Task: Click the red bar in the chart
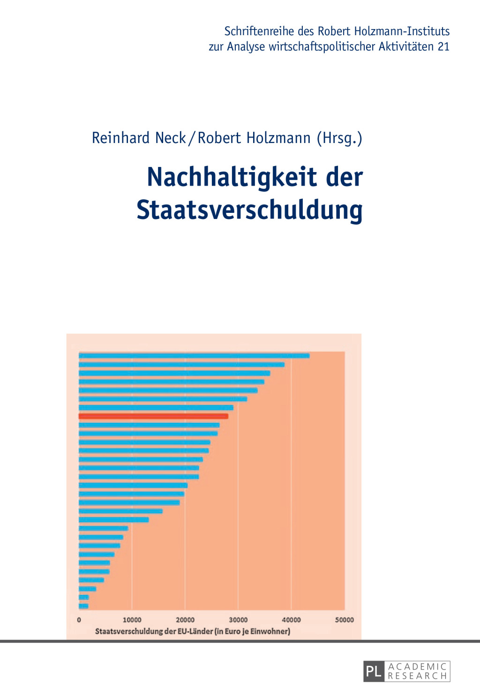pos(153,416)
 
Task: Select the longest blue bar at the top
pos(194,355)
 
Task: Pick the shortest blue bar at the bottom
pos(83,606)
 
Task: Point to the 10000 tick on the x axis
pos(132,620)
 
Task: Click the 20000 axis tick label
pos(185,620)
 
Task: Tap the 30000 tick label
pos(238,620)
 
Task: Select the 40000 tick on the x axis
pos(291,620)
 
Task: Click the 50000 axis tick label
pos(344,620)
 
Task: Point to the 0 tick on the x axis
pos(79,620)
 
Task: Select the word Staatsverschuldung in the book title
pos(249,210)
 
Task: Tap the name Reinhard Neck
pos(139,138)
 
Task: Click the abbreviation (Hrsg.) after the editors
pos(339,138)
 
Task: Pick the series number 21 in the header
pos(443,46)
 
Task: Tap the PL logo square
pos(374,671)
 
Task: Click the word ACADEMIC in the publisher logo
pos(417,666)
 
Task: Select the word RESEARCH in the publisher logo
pos(417,676)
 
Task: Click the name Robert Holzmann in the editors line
pos(254,138)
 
